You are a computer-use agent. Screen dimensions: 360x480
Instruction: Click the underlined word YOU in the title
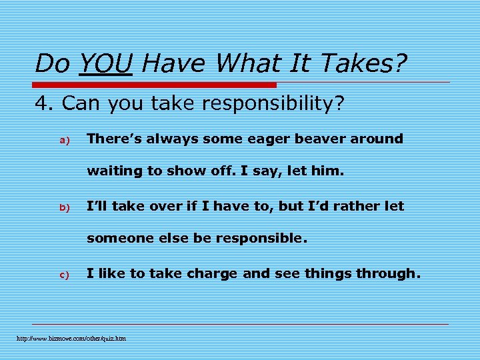105,64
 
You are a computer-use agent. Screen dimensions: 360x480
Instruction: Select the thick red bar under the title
155,85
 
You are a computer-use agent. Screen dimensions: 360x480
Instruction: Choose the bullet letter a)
65,140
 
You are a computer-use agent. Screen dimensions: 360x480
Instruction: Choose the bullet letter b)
65,207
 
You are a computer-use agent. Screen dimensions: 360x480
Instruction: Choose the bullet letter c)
65,275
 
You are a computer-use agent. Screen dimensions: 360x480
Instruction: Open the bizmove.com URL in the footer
71,339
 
